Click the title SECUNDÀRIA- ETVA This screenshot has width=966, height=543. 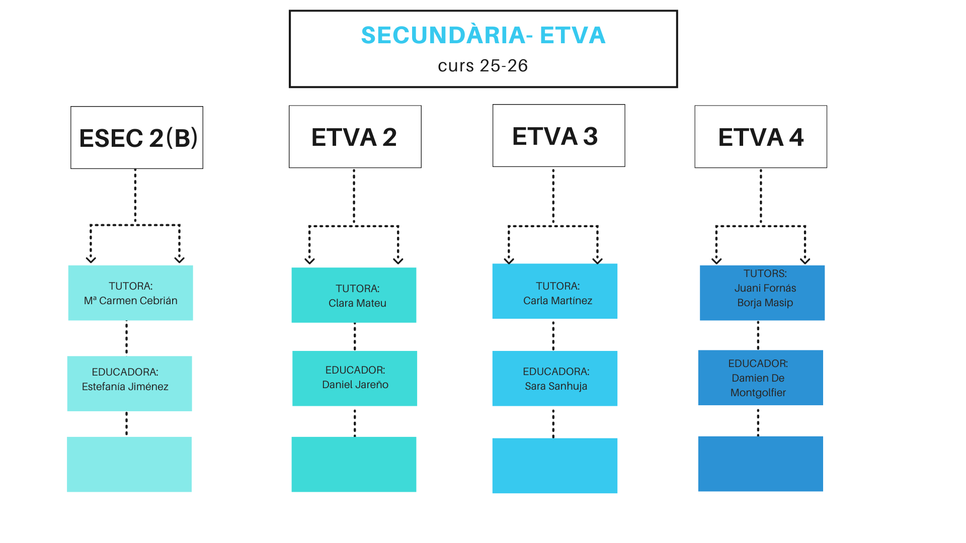pyautogui.click(x=483, y=35)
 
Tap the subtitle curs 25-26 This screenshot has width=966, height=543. pyautogui.click(x=483, y=66)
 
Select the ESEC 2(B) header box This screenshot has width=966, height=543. pyautogui.click(x=137, y=138)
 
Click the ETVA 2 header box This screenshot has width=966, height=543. pyautogui.click(x=355, y=137)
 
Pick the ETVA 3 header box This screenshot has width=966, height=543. pyautogui.click(x=558, y=136)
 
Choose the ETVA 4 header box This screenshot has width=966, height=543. pyautogui.click(x=761, y=137)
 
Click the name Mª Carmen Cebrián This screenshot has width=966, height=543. pyautogui.click(x=131, y=301)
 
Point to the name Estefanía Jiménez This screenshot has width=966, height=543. pyautogui.click(x=125, y=387)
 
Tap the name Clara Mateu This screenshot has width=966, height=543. pyautogui.click(x=357, y=303)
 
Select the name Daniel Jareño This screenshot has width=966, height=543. pyautogui.click(x=355, y=385)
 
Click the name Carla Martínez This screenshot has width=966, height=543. pyautogui.click(x=557, y=301)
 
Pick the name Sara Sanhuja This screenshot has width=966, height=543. pyautogui.click(x=556, y=386)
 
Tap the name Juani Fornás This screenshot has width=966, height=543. pyautogui.click(x=765, y=288)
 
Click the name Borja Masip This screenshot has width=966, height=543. pyautogui.click(x=765, y=303)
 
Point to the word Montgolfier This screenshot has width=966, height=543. pyautogui.click(x=758, y=393)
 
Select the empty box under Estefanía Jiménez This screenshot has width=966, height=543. pyautogui.click(x=129, y=464)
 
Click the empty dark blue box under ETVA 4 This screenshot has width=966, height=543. pyautogui.click(x=760, y=464)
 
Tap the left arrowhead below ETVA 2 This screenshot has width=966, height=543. pyautogui.click(x=309, y=260)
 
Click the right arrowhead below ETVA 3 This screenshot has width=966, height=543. pyautogui.click(x=597, y=260)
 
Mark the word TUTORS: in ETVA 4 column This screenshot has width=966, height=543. pyautogui.click(x=765, y=274)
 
